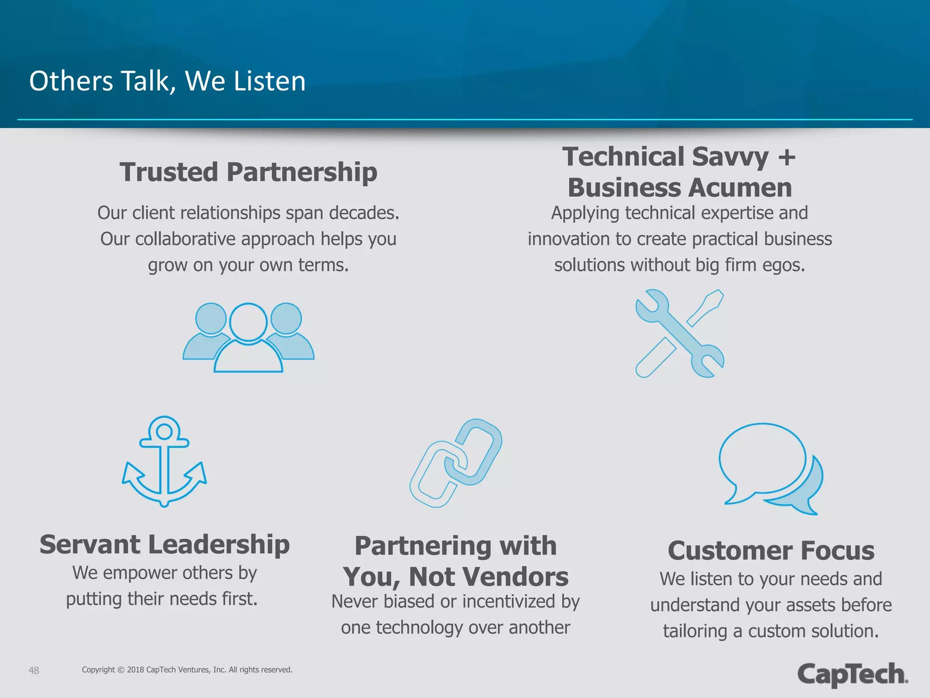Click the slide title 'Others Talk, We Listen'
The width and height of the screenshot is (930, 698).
click(167, 81)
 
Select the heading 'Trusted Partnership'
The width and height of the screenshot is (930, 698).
click(248, 173)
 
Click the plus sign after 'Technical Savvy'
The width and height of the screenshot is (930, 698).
click(787, 157)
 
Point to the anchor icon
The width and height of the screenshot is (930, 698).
click(164, 461)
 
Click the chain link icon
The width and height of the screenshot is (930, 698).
click(456, 463)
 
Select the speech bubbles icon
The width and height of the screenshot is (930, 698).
click(771, 468)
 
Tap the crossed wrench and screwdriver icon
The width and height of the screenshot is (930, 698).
click(679, 334)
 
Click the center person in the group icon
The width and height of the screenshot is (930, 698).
click(248, 339)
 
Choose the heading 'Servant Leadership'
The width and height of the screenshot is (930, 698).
click(164, 544)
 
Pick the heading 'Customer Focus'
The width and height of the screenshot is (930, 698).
click(771, 551)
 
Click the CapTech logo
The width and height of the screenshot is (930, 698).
click(852, 674)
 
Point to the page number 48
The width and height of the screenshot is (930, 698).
click(34, 670)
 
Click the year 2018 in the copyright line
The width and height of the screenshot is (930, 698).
click(135, 670)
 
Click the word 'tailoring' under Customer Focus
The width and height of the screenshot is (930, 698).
click(695, 631)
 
